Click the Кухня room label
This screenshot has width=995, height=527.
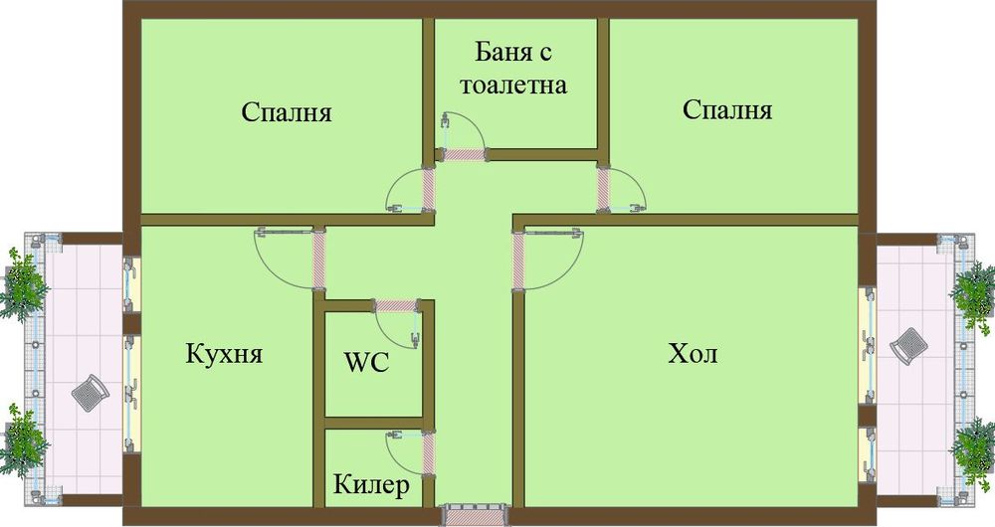(x=224, y=354)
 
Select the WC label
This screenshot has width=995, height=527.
(x=366, y=362)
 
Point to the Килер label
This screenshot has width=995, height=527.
(x=371, y=487)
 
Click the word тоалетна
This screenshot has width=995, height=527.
(x=512, y=85)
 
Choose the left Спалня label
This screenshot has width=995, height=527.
(x=287, y=112)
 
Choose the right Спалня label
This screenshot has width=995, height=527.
(x=728, y=109)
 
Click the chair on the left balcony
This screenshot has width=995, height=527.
(x=91, y=394)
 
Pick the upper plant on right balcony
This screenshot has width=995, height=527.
(x=972, y=288)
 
